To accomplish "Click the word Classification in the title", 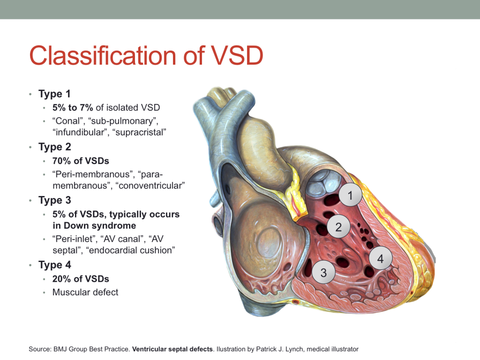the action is pyautogui.click(x=103, y=55).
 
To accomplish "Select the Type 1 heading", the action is pyautogui.click(x=54, y=94).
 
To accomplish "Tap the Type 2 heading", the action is pyautogui.click(x=54, y=147).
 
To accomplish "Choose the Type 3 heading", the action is pyautogui.click(x=54, y=200).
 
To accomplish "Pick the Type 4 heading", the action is pyautogui.click(x=54, y=265).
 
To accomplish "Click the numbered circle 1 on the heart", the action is pyautogui.click(x=350, y=195).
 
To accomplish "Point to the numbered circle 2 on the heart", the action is pyautogui.click(x=338, y=227).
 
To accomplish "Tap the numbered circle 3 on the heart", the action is pyautogui.click(x=323, y=272).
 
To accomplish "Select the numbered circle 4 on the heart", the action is pyautogui.click(x=380, y=259).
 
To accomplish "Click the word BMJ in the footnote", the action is pyautogui.click(x=60, y=349).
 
